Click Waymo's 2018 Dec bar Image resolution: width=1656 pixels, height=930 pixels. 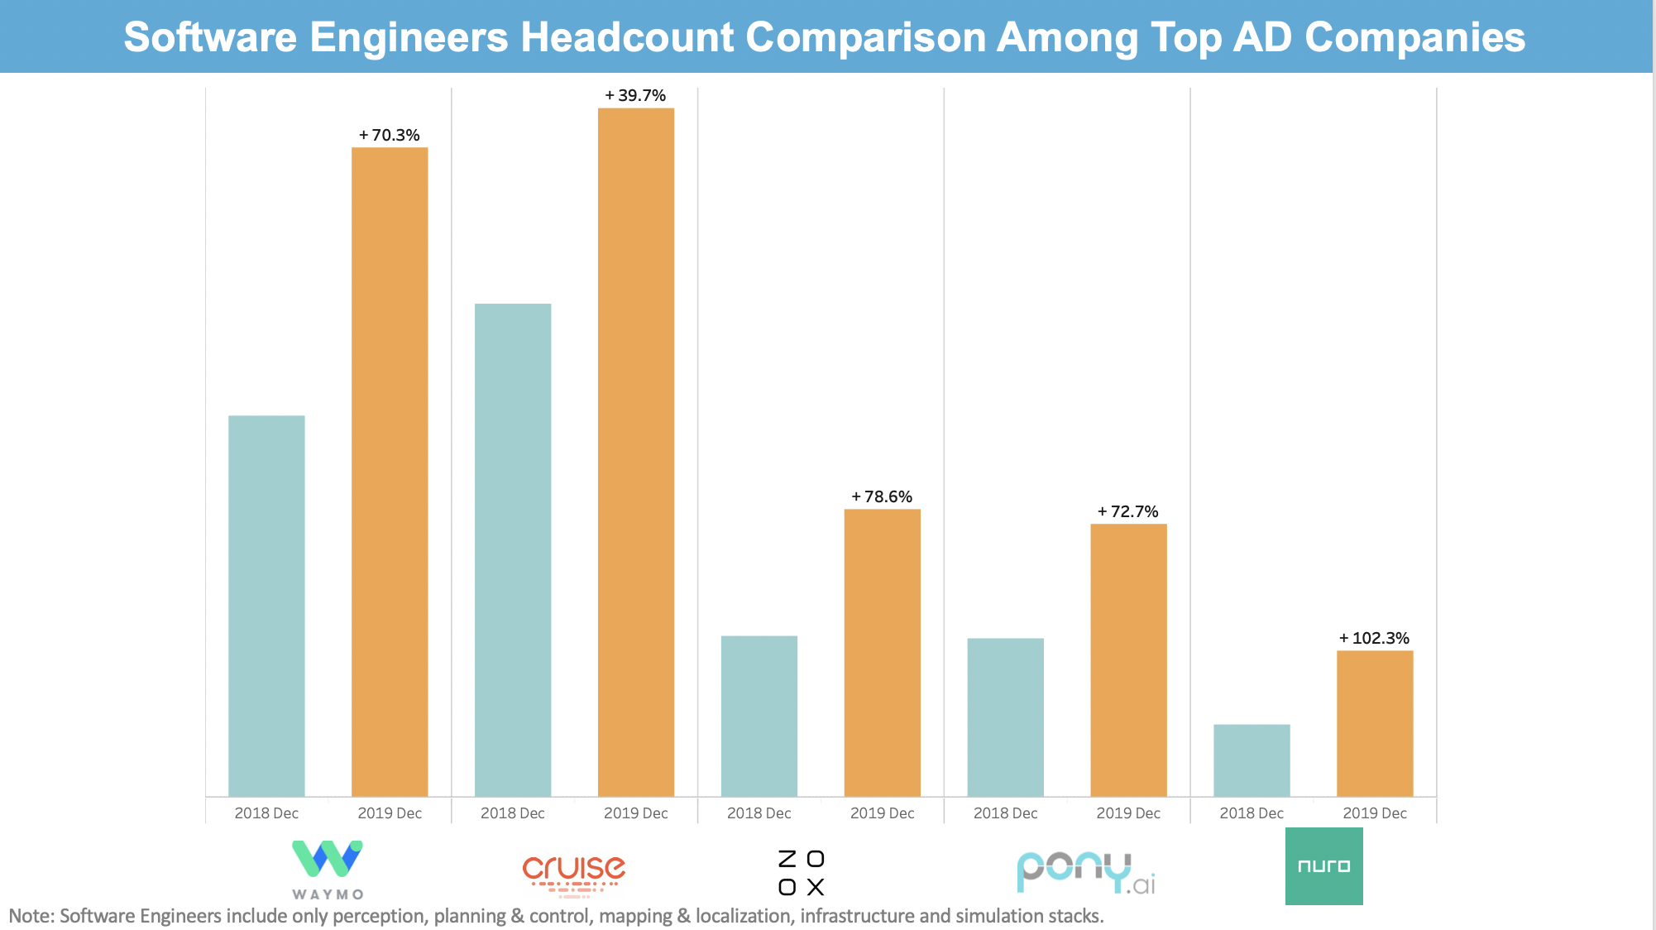(x=266, y=606)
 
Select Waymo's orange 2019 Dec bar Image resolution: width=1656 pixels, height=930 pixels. (x=390, y=472)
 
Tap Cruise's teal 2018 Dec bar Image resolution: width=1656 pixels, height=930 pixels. (x=513, y=549)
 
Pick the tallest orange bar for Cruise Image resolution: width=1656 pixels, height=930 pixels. (x=636, y=452)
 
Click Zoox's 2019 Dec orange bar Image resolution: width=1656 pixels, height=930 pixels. (x=882, y=653)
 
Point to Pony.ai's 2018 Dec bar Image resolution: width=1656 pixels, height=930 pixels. (x=1005, y=717)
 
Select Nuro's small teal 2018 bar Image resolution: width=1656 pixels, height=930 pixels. (x=1252, y=760)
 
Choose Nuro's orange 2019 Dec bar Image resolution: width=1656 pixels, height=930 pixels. (x=1375, y=723)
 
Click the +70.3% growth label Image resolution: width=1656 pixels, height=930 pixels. (x=390, y=135)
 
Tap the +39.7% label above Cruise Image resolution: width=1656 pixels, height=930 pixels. (x=636, y=95)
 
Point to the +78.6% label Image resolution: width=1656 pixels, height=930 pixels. (x=882, y=496)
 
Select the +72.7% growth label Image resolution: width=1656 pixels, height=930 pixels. (x=1128, y=511)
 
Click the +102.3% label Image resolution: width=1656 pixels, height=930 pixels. (x=1375, y=638)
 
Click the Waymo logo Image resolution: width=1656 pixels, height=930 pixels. (x=328, y=869)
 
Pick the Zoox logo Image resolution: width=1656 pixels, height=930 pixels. (x=802, y=873)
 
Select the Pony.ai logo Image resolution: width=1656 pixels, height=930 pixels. (x=1085, y=873)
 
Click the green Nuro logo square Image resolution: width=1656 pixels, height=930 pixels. (x=1323, y=866)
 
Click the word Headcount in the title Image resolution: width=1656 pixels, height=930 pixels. (x=627, y=37)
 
